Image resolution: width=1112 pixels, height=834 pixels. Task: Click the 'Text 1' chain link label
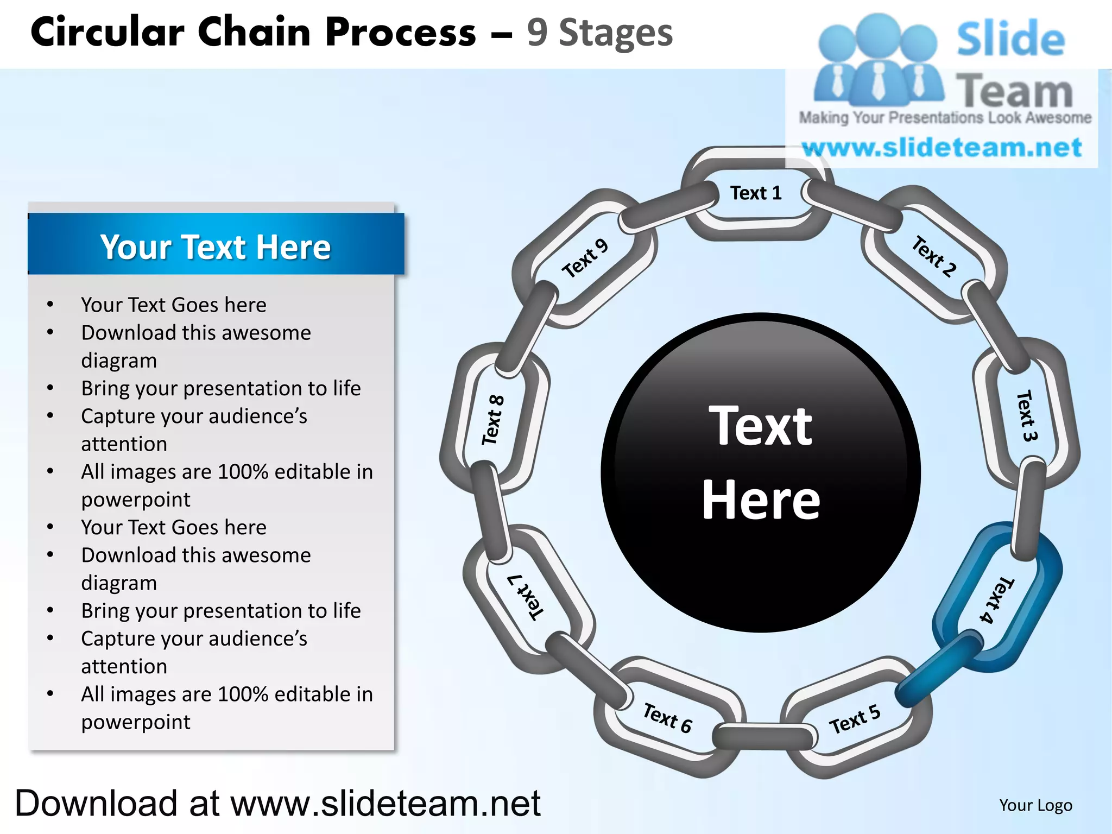tap(755, 193)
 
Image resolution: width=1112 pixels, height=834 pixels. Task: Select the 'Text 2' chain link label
tap(933, 256)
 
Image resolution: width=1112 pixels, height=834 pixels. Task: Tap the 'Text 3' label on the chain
tap(1026, 415)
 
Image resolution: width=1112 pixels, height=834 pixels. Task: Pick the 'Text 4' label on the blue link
tap(996, 600)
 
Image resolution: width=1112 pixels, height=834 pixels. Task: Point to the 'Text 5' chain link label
tap(854, 719)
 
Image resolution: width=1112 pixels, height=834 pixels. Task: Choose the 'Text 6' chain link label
tap(667, 718)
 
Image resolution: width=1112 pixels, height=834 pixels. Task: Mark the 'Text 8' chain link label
tap(493, 420)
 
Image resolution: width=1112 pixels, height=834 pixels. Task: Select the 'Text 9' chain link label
tap(585, 258)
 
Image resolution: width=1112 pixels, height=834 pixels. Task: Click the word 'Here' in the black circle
tap(761, 500)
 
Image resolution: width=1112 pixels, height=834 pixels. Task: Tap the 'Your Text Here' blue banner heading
tap(216, 247)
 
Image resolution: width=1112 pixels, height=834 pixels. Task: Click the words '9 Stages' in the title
tap(599, 33)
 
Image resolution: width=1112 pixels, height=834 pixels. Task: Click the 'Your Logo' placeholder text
tap(1035, 805)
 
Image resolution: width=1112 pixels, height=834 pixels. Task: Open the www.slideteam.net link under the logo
tap(942, 148)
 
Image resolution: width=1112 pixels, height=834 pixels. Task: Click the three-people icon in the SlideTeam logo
tap(877, 60)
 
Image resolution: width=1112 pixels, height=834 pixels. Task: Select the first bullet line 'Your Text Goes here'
tap(174, 305)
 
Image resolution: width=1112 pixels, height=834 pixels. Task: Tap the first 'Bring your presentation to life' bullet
tap(221, 389)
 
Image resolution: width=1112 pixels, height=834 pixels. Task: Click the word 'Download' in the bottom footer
tap(96, 803)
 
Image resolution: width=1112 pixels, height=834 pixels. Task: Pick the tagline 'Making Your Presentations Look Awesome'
tap(945, 118)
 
